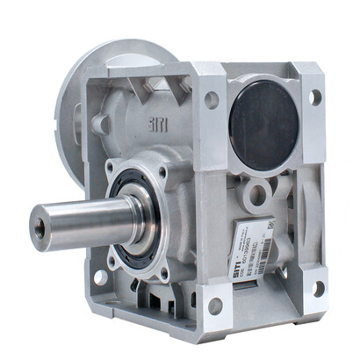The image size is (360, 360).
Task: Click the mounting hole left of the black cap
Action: [212, 100]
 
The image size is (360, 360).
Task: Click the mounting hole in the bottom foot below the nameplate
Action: [215, 306]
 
